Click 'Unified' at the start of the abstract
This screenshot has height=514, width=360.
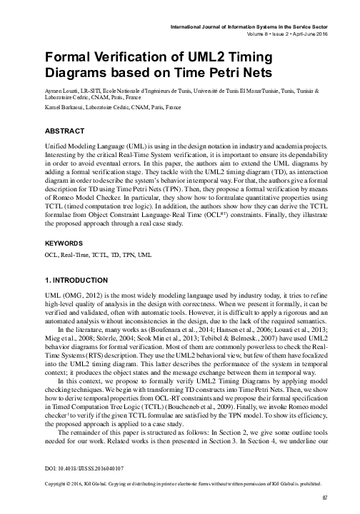pyautogui.click(x=59, y=144)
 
